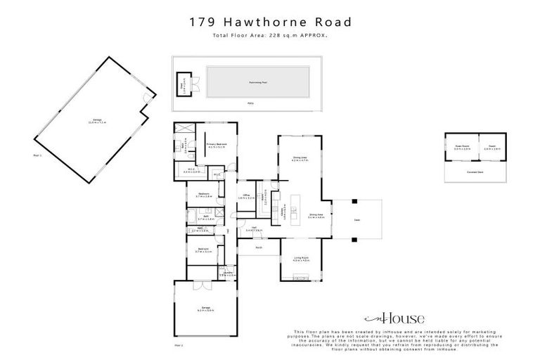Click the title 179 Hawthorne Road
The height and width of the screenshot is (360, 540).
click(271, 22)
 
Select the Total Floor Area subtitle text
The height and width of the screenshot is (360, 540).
click(271, 36)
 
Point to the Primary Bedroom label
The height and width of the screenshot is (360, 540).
click(216, 146)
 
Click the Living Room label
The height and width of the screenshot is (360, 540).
click(301, 259)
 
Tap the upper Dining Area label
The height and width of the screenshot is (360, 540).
click(300, 159)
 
